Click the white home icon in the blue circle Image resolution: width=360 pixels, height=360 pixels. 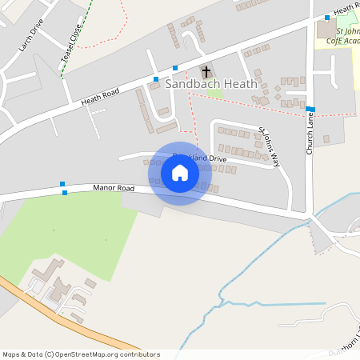point(180,173)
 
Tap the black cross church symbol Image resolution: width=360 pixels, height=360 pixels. point(206,72)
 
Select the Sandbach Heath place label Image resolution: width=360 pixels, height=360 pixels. point(211,83)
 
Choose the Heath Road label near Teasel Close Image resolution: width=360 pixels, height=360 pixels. point(100,97)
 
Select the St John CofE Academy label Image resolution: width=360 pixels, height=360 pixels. point(344,38)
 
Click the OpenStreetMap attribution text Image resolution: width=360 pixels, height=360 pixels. point(81,354)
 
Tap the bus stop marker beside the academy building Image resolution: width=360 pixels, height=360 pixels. point(327,18)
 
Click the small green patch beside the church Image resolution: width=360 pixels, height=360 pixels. point(214,92)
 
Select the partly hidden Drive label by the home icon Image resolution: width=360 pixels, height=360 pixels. point(214,159)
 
